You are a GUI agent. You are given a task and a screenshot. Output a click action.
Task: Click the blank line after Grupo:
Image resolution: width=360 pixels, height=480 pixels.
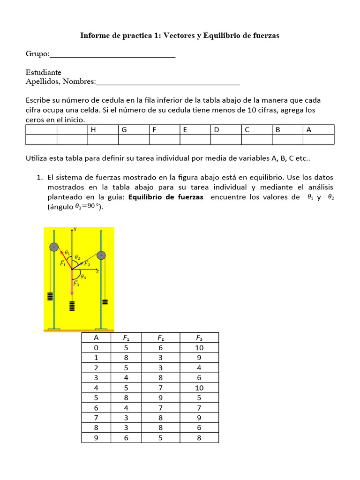[112, 56]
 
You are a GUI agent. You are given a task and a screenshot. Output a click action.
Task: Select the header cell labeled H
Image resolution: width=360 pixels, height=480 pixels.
[103, 130]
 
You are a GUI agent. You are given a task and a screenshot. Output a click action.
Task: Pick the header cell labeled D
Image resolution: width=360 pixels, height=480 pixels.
[226, 130]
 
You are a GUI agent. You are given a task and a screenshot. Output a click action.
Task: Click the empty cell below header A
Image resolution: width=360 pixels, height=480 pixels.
[318, 140]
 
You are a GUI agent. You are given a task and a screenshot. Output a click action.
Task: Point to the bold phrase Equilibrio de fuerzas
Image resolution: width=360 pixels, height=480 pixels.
[165, 197]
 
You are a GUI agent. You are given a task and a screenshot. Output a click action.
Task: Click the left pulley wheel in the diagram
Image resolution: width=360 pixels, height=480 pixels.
[54, 247]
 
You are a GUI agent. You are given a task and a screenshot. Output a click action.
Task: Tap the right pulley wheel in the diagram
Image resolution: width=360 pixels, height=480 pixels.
[101, 255]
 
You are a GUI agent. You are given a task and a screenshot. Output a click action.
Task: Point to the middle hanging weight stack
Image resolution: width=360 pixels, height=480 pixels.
[72, 306]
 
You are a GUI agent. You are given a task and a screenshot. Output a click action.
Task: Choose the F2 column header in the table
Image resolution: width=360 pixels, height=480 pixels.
[160, 338]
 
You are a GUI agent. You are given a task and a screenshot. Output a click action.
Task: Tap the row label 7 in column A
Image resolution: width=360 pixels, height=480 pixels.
[96, 418]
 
